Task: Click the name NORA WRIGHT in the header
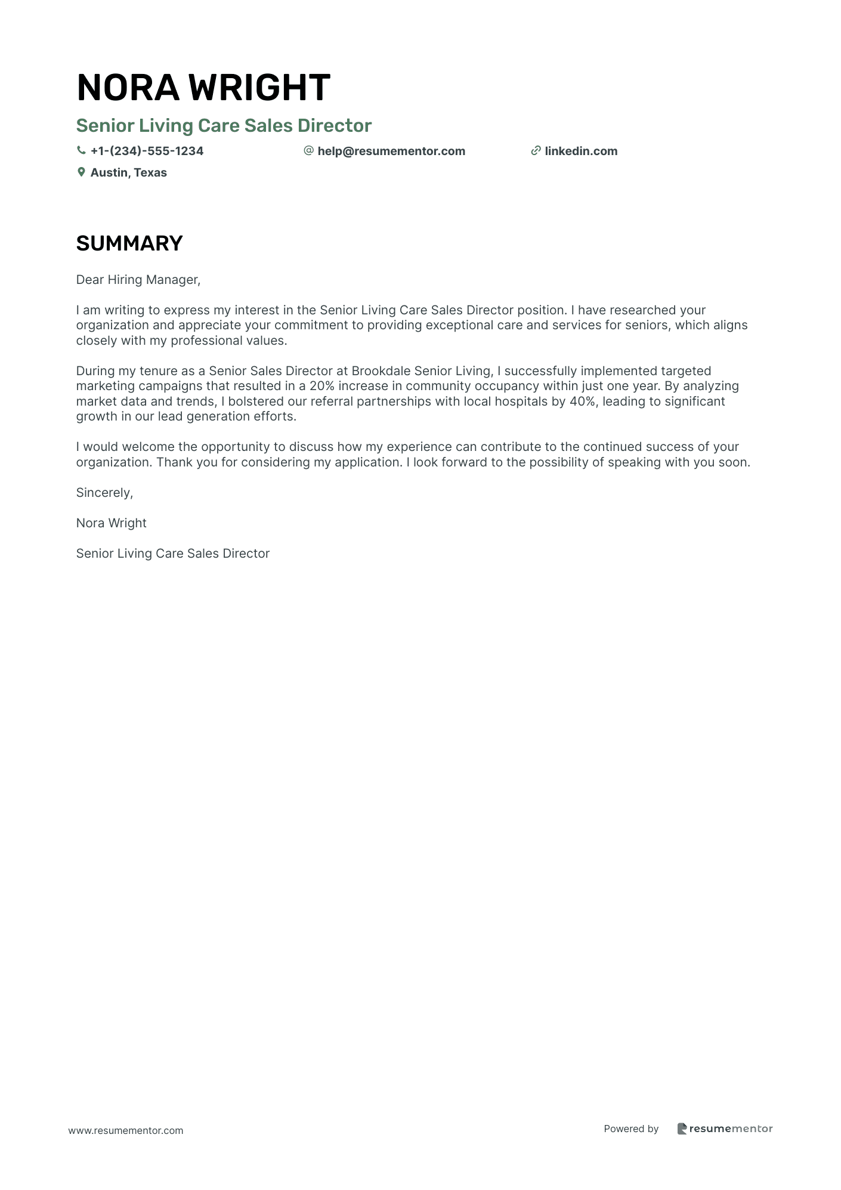click(203, 87)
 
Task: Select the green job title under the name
click(224, 125)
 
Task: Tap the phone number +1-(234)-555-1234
click(147, 151)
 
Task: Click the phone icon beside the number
click(81, 151)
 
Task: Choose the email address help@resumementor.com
click(391, 151)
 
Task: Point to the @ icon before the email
click(308, 151)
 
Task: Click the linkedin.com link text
click(581, 151)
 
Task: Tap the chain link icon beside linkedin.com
click(536, 151)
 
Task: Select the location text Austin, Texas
click(128, 172)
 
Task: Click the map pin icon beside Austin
click(81, 172)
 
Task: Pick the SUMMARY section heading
click(129, 243)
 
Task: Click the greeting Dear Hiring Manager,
click(138, 280)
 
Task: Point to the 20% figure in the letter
click(322, 386)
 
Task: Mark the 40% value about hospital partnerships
click(582, 401)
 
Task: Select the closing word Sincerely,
click(104, 493)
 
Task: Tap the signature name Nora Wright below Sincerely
click(111, 523)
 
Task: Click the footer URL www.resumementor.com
click(126, 1130)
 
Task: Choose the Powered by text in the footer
click(631, 1129)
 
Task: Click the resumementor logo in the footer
click(725, 1129)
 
